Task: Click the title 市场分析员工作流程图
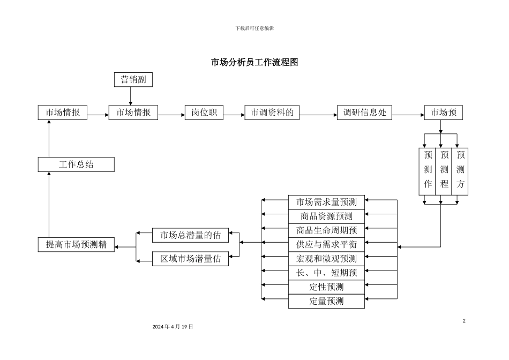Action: [254, 63]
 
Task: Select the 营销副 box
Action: [133, 80]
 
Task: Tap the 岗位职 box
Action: [204, 112]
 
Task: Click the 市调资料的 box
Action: [272, 112]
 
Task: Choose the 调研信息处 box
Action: [364, 112]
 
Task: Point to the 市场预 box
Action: [444, 112]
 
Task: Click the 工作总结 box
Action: [76, 164]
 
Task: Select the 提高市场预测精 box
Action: [76, 245]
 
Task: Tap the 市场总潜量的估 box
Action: [190, 234]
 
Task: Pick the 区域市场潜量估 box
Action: [190, 259]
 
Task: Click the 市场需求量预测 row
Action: [326, 202]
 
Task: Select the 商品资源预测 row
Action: [326, 216]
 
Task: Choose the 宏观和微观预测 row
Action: [326, 258]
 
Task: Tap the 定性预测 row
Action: [326, 287]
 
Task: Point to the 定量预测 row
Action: [326, 301]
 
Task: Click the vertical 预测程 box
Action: [444, 171]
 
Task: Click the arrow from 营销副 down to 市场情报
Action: [131, 96]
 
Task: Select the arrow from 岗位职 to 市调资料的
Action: [234, 115]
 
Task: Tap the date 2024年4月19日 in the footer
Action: [173, 326]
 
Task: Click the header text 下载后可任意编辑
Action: [254, 28]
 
